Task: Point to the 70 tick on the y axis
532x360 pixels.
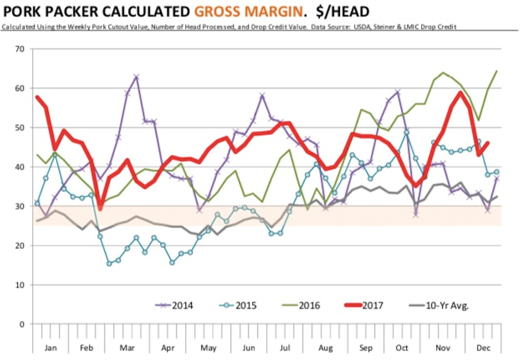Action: [21, 49]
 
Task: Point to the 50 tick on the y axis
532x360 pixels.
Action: [21, 128]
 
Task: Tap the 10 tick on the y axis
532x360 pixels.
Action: [21, 285]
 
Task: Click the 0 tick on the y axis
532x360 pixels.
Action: [23, 324]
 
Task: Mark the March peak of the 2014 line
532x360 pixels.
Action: [136, 77]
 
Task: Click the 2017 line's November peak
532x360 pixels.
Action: [460, 93]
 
